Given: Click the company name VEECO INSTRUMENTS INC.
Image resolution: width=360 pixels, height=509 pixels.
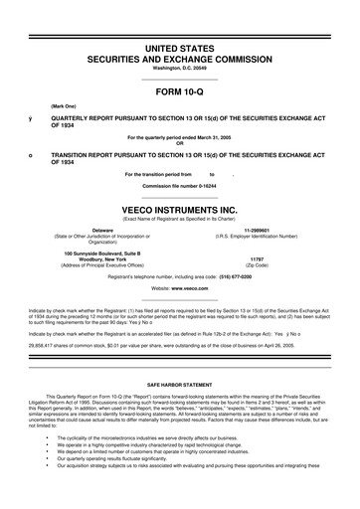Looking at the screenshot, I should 179,210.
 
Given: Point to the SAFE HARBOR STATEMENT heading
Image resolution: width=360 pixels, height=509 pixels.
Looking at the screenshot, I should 179,383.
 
